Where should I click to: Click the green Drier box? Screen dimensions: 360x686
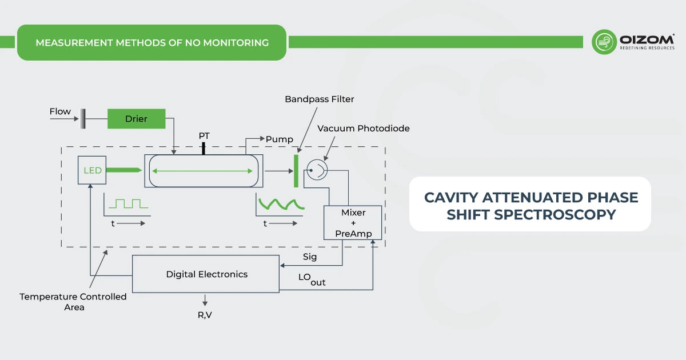[136, 119]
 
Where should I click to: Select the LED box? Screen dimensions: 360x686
[93, 170]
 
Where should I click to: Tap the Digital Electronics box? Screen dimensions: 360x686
[206, 274]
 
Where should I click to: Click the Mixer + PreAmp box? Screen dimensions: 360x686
[353, 223]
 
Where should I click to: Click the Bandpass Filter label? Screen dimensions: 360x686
[320, 99]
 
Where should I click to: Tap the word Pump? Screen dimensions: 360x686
[279, 139]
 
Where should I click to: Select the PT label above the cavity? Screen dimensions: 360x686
[204, 136]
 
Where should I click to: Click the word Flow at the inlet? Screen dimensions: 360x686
[60, 111]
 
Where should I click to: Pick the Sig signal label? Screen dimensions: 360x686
[309, 257]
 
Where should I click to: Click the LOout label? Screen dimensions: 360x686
[312, 279]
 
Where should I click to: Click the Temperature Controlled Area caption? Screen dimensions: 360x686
[73, 302]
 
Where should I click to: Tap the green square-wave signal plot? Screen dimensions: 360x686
[129, 203]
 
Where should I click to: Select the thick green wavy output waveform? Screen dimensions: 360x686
[276, 203]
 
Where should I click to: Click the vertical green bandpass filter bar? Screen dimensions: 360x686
[296, 170]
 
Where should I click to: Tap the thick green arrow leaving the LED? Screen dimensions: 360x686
[123, 170]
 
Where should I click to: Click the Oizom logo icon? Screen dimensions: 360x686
[604, 42]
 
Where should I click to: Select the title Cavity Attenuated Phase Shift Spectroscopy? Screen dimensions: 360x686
[530, 206]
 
